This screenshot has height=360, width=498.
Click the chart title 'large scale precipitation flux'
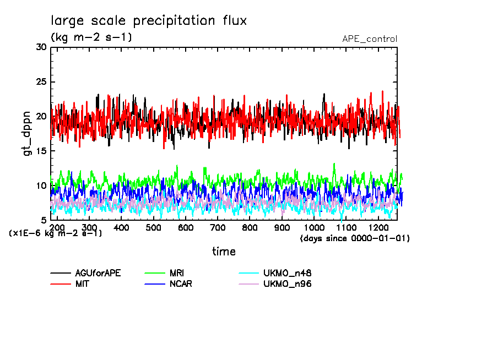(149, 21)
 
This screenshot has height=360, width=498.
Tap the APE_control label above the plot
(369, 39)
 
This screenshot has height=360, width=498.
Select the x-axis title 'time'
(224, 252)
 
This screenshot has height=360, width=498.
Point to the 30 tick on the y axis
(41, 47)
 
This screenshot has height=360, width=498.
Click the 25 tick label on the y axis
(41, 82)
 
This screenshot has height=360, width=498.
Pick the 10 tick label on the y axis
(41, 186)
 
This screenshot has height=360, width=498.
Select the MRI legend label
(177, 273)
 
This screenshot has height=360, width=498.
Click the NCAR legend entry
(181, 284)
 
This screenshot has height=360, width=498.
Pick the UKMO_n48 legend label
(288, 273)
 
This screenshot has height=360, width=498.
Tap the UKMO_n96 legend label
(288, 284)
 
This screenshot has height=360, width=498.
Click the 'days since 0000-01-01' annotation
(355, 238)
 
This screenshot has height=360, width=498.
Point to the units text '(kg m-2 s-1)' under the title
(91, 37)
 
